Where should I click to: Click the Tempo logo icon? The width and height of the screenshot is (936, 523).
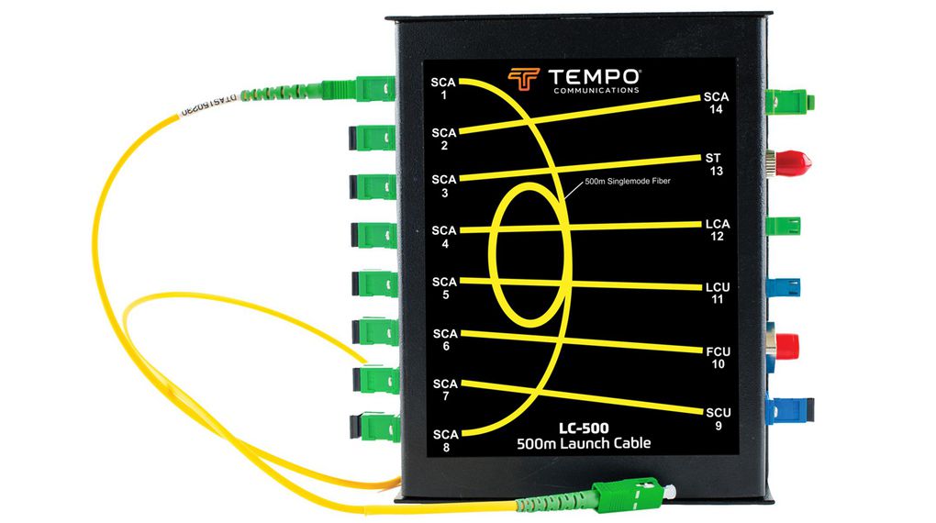click(x=523, y=80)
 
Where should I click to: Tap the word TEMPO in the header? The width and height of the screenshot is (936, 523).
click(x=596, y=76)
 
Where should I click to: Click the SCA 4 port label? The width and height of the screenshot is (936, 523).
click(x=444, y=237)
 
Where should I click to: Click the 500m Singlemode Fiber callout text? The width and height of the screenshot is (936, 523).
click(x=628, y=183)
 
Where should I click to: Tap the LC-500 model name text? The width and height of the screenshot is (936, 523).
click(x=584, y=428)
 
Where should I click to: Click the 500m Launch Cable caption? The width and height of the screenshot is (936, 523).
click(x=584, y=444)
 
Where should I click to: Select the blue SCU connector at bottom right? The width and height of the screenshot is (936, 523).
click(x=789, y=412)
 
